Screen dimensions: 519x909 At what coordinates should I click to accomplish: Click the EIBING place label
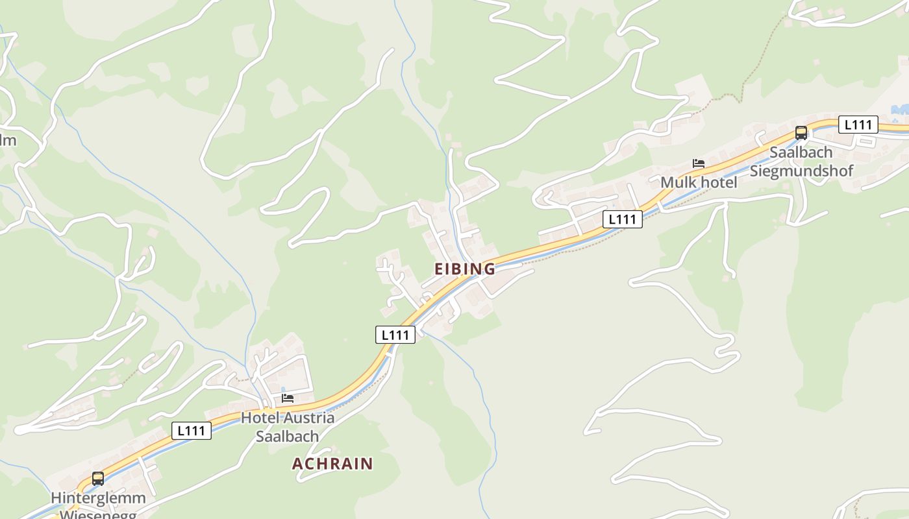pos(464,269)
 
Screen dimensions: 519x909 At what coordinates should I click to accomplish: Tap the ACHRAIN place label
pos(332,464)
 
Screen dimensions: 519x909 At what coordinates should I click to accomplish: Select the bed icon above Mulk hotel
pos(699,163)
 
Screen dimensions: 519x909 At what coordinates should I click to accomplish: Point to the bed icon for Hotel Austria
pos(288,398)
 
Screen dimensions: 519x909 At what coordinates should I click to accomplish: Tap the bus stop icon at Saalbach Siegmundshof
pos(801,133)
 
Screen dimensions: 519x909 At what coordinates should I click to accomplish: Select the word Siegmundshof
pos(801,171)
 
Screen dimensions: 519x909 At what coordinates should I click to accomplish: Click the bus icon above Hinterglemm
pos(98,479)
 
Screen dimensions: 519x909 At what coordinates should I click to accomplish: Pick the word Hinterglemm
pos(98,498)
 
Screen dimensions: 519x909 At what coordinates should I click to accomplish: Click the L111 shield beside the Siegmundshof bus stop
pos(858,125)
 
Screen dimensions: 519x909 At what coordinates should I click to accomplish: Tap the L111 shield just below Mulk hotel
pos(622,219)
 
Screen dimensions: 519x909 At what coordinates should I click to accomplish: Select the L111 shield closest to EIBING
pos(395,335)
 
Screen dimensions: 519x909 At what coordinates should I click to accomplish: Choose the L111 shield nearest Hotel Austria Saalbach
pos(192,431)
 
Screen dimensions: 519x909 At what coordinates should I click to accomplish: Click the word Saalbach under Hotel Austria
pos(287,437)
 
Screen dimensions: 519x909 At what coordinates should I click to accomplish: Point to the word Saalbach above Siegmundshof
pos(801,152)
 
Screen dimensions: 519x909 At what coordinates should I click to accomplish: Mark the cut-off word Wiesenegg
pos(98,514)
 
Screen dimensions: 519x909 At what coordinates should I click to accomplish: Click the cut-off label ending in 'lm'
pos(8,141)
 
